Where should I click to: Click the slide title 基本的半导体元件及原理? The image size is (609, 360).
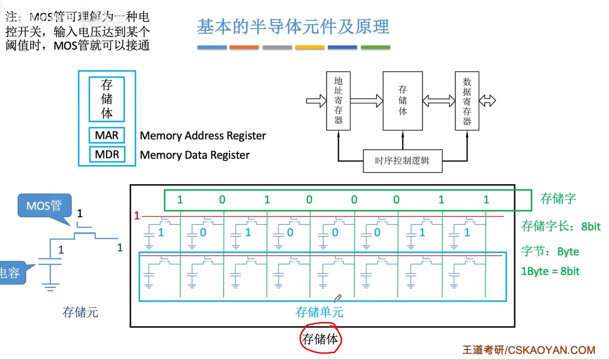[x=293, y=27]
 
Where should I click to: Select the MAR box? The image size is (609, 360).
[x=107, y=136]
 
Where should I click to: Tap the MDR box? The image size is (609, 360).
[x=107, y=155]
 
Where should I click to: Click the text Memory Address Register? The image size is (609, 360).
[x=203, y=136]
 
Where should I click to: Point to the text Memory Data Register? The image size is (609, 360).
[x=195, y=155]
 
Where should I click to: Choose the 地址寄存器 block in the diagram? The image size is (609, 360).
[x=338, y=100]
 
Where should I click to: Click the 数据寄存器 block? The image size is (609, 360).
[x=467, y=100]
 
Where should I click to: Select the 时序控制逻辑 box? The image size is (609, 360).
[x=402, y=161]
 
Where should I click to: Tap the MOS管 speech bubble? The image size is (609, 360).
[x=44, y=205]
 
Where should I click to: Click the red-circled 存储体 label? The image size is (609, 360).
[x=321, y=339]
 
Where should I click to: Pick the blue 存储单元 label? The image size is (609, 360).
[x=320, y=312]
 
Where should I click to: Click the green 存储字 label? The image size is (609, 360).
[x=558, y=198]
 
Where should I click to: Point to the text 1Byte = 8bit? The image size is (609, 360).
[x=550, y=271]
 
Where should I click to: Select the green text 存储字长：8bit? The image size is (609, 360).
[x=560, y=226]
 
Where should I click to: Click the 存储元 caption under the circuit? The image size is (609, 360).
[x=80, y=312]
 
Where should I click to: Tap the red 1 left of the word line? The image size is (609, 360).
[x=136, y=215]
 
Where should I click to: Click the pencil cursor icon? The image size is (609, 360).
[x=337, y=299]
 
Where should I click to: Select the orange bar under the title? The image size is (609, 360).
[x=244, y=47]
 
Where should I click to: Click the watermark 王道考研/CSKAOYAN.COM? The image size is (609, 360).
[x=528, y=350]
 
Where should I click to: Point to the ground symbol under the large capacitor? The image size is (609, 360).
[x=50, y=287]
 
